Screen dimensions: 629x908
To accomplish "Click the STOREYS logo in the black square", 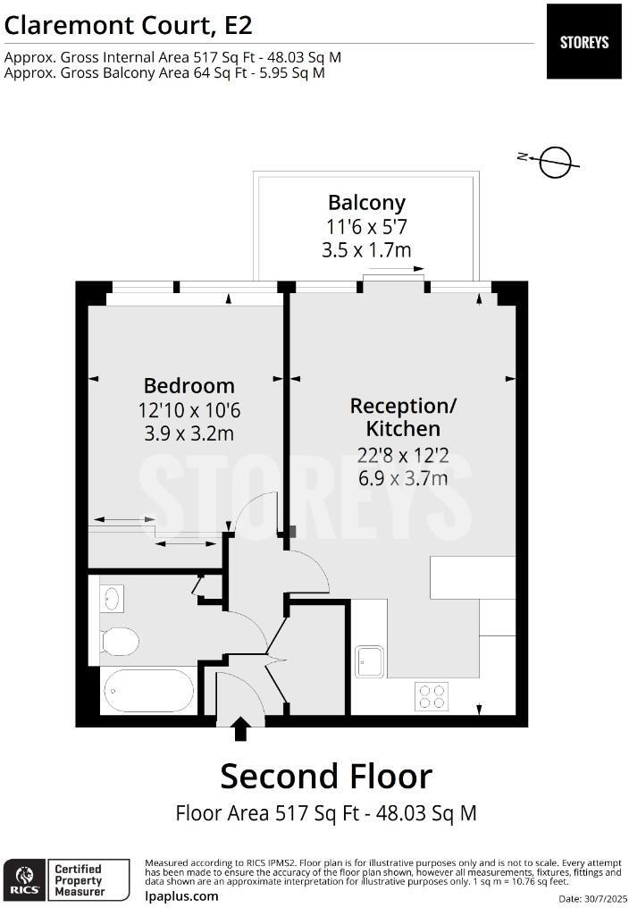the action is click(x=583, y=42).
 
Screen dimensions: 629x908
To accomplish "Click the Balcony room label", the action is click(x=366, y=203).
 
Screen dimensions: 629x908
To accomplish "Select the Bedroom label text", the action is click(x=189, y=386).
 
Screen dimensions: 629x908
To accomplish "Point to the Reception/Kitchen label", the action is click(x=403, y=417).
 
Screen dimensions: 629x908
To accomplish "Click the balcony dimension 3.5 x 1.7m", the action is click(x=366, y=250).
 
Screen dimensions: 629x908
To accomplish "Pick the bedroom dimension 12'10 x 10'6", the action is click(x=189, y=410).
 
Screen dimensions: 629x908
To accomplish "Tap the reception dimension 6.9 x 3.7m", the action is click(x=403, y=478).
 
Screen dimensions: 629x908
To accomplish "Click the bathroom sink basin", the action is click(x=111, y=599).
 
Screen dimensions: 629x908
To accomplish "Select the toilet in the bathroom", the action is click(x=120, y=641).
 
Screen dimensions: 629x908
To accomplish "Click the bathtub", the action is click(x=149, y=691).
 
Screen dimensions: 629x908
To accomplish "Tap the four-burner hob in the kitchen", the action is click(x=432, y=696).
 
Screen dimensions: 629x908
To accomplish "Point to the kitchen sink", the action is click(x=370, y=661).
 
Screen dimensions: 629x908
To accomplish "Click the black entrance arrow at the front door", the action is click(x=239, y=729).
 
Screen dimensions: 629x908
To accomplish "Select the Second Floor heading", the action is click(x=326, y=777).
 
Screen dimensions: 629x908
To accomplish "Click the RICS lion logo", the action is click(x=24, y=879).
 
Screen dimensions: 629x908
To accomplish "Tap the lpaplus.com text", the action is click(x=182, y=896).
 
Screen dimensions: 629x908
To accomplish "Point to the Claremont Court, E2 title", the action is click(x=128, y=26).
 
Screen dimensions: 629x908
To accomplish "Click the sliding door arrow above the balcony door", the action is click(x=396, y=269).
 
